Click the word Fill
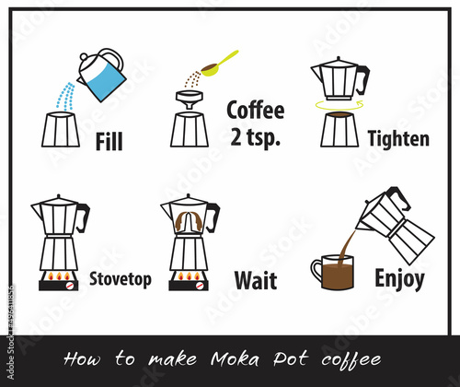(x=109, y=141)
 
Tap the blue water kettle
(x=103, y=76)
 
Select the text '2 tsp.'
(x=255, y=137)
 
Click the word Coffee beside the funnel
(x=256, y=110)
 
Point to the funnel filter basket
(x=190, y=100)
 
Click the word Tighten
(x=398, y=139)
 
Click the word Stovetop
(x=121, y=279)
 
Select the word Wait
(x=256, y=280)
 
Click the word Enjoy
(x=399, y=279)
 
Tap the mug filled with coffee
(x=333, y=272)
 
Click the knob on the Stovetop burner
(x=70, y=286)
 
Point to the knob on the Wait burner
(x=200, y=286)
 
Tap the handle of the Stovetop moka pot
(x=83, y=217)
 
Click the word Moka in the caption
(x=236, y=358)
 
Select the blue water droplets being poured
(x=65, y=97)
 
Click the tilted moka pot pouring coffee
(x=396, y=226)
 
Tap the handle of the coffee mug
(x=316, y=270)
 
